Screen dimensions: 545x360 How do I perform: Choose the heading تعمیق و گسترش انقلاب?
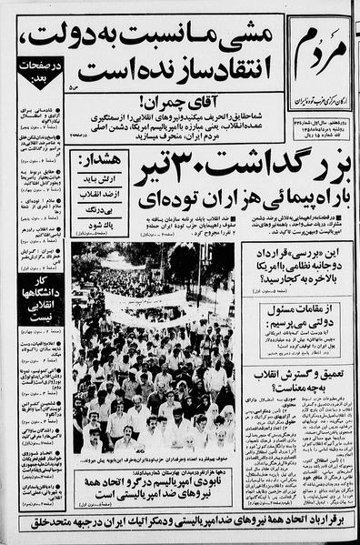click(x=296, y=378)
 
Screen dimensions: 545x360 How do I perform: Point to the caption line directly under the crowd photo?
click(x=155, y=461)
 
